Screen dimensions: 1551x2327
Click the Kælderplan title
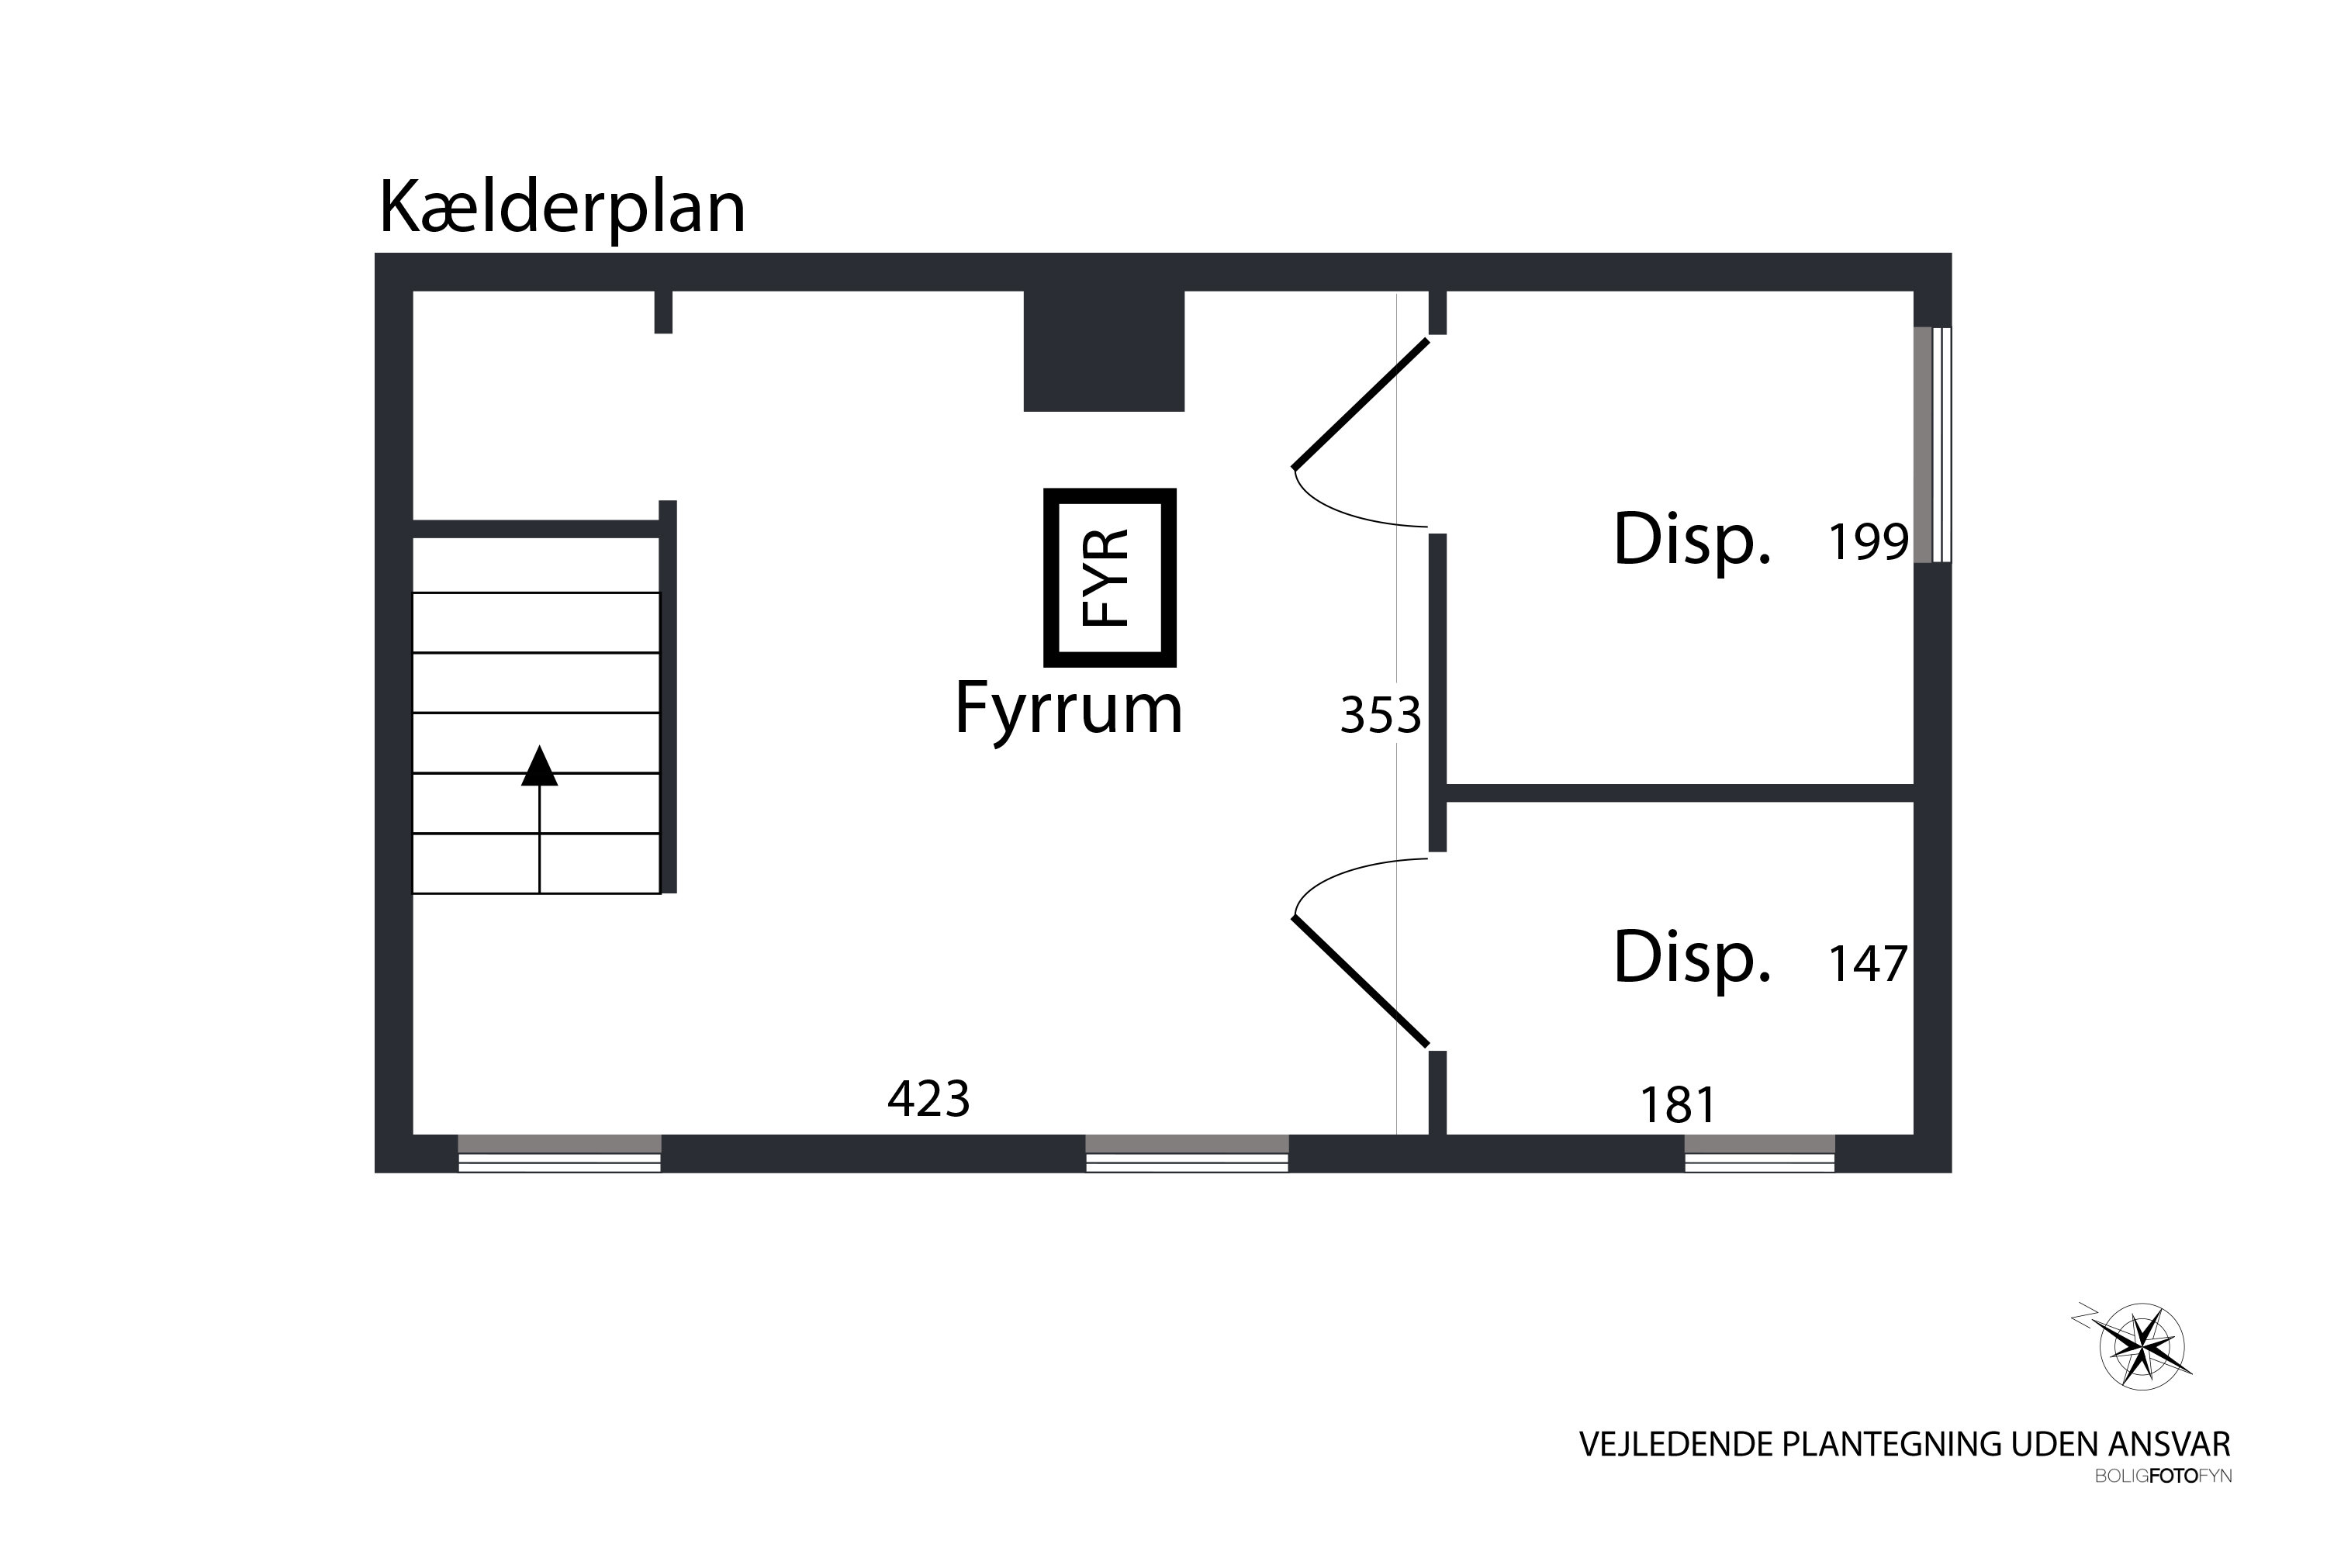561,208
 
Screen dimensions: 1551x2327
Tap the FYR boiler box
1109,578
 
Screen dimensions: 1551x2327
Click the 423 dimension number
928,1098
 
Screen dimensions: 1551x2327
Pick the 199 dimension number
1867,542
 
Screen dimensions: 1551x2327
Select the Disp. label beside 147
1691,958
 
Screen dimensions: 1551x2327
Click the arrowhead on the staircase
539,767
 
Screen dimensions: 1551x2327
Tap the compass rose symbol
2141,1347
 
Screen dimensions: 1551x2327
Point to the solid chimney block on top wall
1103,351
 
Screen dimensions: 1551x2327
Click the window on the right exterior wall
1931,445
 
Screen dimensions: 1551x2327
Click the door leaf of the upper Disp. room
1361,403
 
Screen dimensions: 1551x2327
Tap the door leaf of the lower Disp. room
1361,981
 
